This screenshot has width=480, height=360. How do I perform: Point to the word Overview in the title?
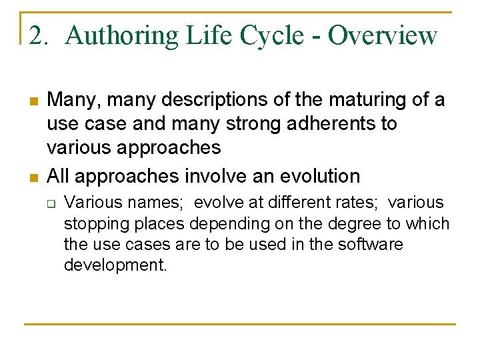click(383, 35)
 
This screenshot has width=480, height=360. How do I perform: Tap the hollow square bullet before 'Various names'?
click(51, 202)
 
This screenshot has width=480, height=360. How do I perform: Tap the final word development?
click(115, 265)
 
